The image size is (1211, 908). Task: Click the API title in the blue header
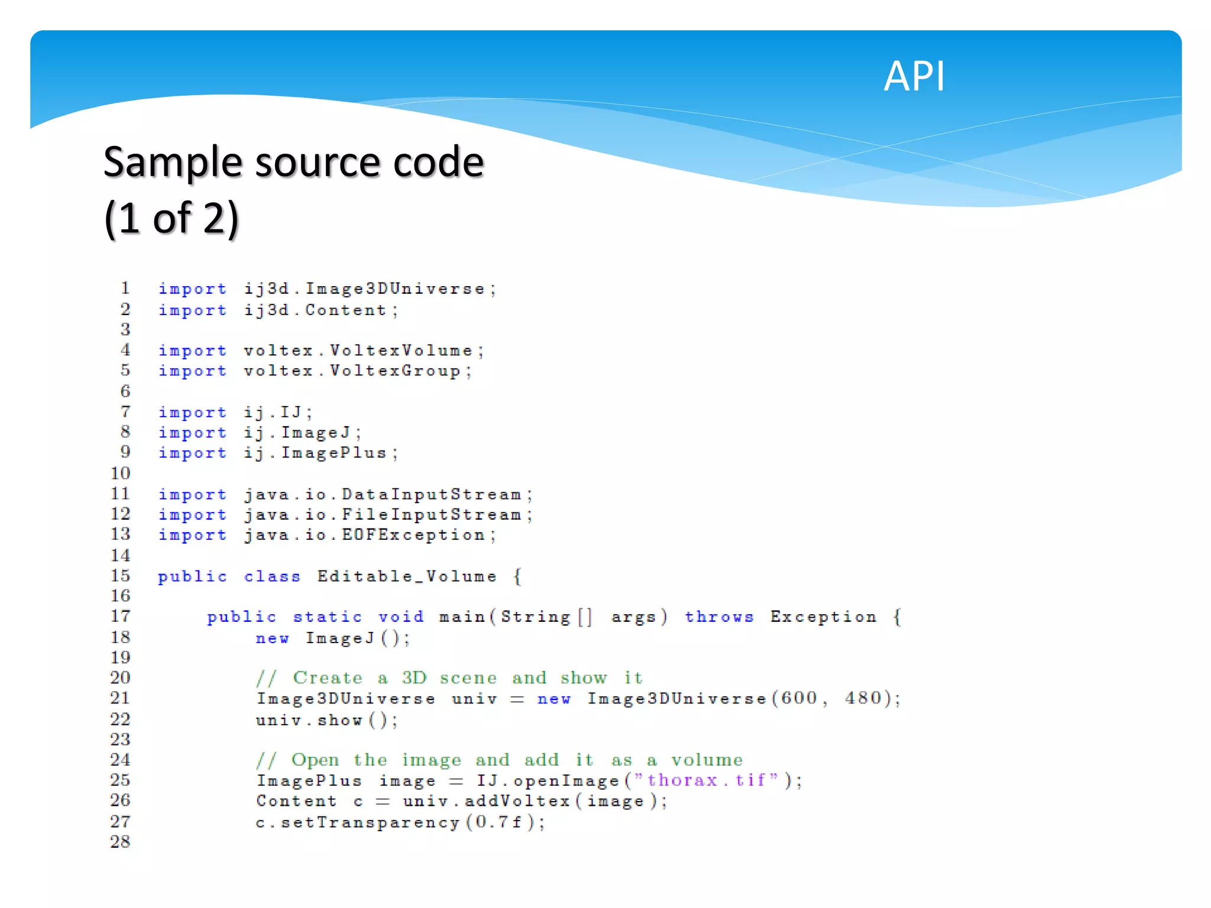(914, 77)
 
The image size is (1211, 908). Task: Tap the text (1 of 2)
(171, 219)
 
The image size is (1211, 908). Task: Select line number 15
(120, 576)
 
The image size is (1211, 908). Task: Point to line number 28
(120, 841)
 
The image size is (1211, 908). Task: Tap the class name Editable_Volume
(407, 576)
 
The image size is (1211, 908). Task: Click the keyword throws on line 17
(719, 617)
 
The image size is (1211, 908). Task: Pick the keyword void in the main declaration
(401, 617)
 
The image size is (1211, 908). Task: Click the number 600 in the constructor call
(799, 698)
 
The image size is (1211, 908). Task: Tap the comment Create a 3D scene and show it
(449, 677)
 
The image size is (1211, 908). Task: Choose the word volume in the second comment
(707, 760)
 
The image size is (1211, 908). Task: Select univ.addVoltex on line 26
(487, 801)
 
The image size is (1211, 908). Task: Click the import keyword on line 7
(192, 412)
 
